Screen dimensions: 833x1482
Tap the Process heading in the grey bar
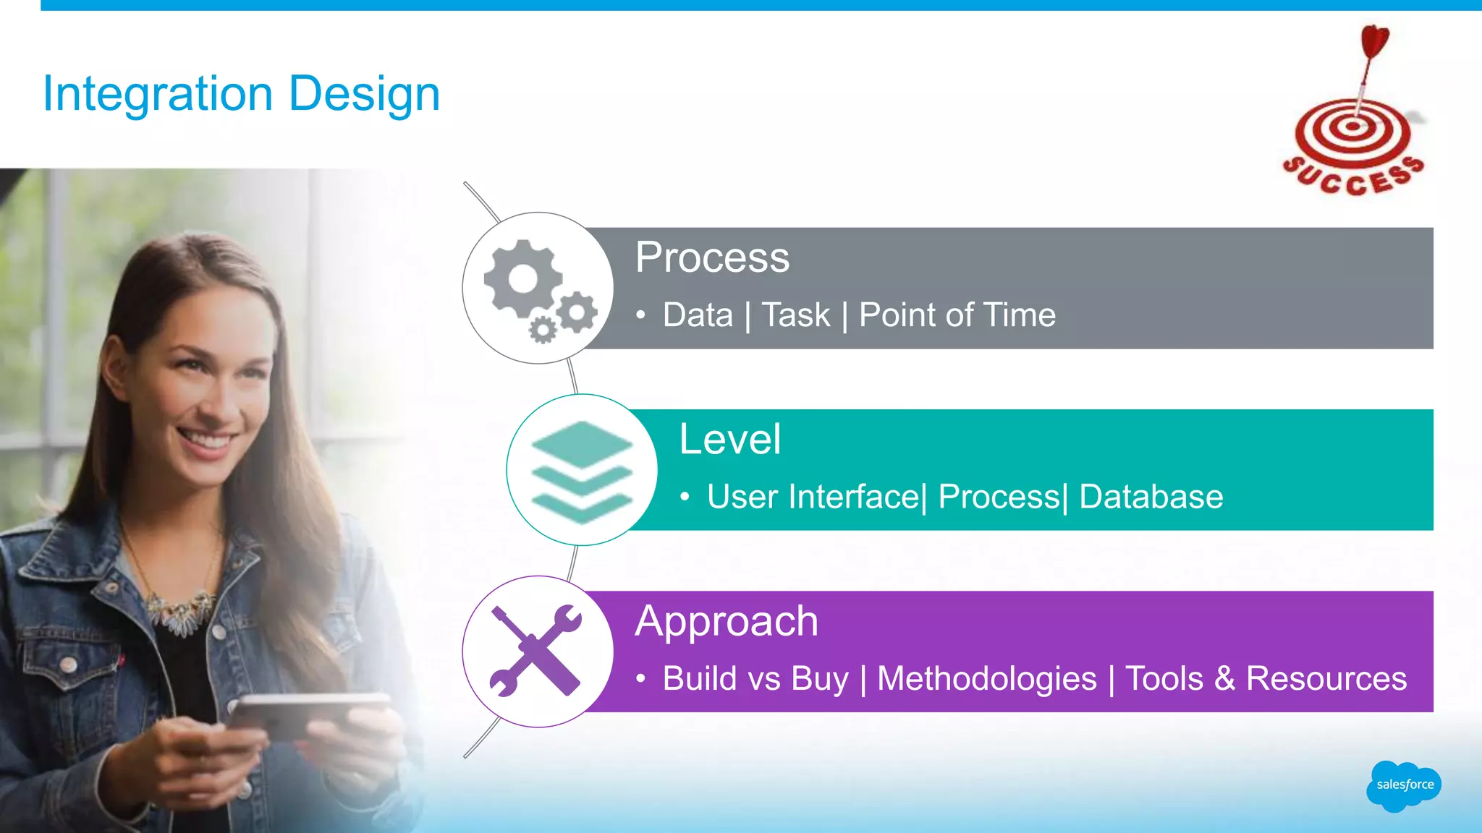[x=712, y=257]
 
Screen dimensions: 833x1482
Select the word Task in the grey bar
[x=796, y=315]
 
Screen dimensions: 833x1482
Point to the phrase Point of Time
[x=957, y=315]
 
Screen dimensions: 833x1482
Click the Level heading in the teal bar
[x=729, y=439]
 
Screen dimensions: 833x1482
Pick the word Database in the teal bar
[x=1151, y=497]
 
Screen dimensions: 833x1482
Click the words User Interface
[x=813, y=497]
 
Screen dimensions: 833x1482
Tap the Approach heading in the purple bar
[x=727, y=621]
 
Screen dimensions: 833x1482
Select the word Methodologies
[x=986, y=679]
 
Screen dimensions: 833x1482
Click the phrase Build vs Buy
[x=755, y=679]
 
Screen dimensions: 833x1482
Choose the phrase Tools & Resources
[x=1266, y=679]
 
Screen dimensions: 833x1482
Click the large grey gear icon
[x=522, y=278]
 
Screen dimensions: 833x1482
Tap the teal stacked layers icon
[x=581, y=471]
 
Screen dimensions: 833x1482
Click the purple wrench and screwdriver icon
[x=536, y=651]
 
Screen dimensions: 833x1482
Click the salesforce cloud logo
[x=1404, y=785]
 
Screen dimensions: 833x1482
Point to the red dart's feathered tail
[x=1374, y=40]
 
